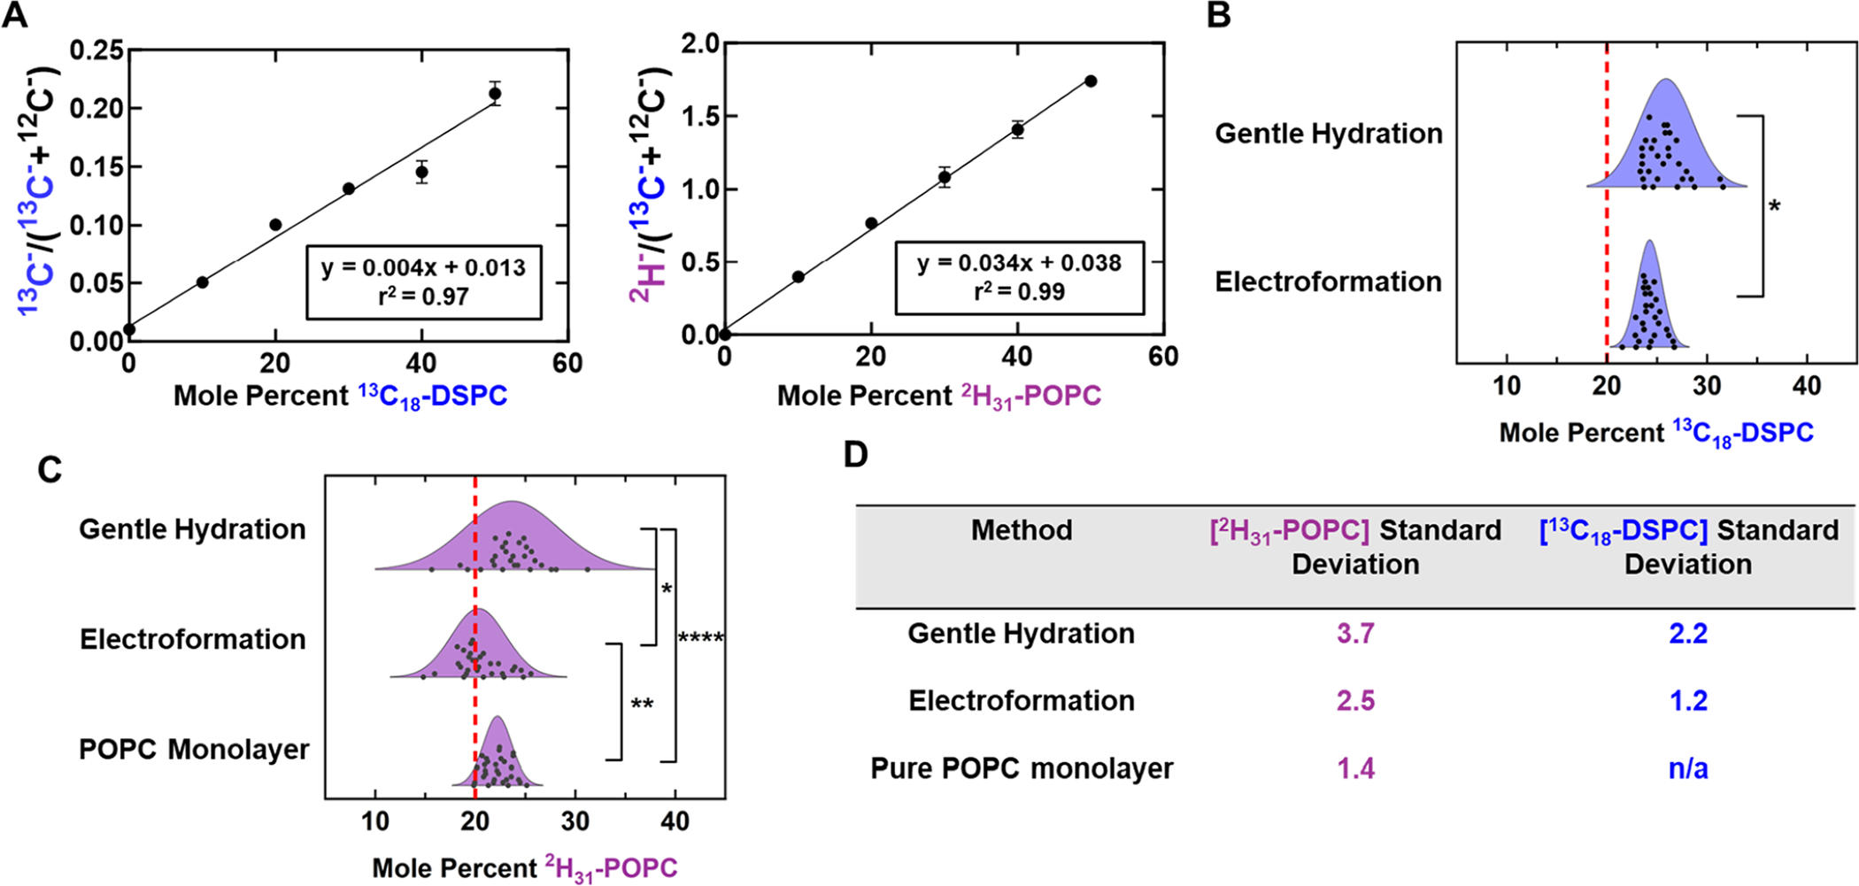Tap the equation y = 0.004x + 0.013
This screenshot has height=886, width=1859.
pyautogui.click(x=423, y=267)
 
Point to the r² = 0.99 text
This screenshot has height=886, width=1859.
pyautogui.click(x=1019, y=291)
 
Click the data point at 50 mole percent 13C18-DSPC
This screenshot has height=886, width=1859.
pyautogui.click(x=495, y=94)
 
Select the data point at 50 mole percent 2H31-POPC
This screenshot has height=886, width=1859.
pyautogui.click(x=1091, y=81)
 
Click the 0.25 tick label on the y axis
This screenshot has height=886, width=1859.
pyautogui.click(x=96, y=50)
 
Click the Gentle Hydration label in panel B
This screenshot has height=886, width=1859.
pyautogui.click(x=1328, y=134)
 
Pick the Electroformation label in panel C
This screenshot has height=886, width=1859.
pyautogui.click(x=192, y=639)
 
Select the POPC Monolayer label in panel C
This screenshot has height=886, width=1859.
pyautogui.click(x=194, y=750)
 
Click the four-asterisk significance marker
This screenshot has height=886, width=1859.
pyautogui.click(x=700, y=638)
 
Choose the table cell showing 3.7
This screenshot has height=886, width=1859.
pyautogui.click(x=1354, y=634)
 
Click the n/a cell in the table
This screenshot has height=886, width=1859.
pyautogui.click(x=1687, y=768)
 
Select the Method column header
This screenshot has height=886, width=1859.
pyautogui.click(x=1022, y=530)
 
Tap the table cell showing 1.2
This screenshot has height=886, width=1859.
pyautogui.click(x=1687, y=701)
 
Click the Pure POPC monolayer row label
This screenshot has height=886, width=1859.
pyautogui.click(x=1022, y=768)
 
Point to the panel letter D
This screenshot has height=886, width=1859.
pyautogui.click(x=855, y=455)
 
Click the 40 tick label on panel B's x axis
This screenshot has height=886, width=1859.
pyautogui.click(x=1806, y=386)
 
